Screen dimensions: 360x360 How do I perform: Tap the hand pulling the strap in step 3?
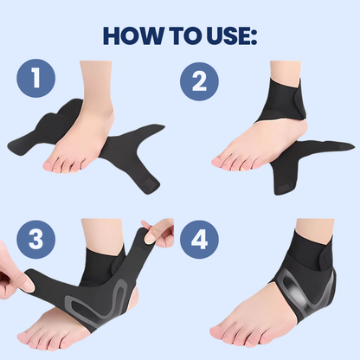pos(13,277)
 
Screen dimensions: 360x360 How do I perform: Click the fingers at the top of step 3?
pos(160,232)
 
